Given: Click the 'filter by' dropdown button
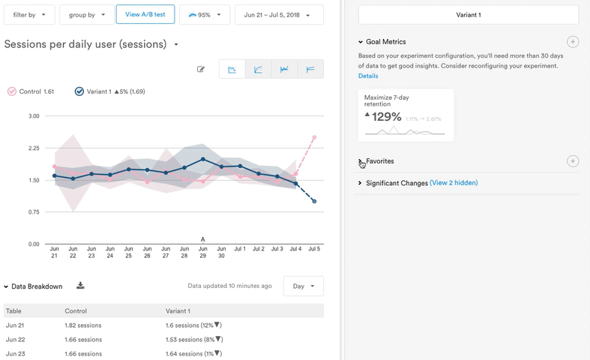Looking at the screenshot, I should (x=29, y=14).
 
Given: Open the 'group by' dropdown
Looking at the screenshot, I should (x=87, y=14).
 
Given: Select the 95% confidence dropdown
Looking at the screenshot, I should (x=204, y=14).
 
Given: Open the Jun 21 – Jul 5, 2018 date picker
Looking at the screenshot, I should (x=279, y=14).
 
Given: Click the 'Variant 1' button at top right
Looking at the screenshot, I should (x=468, y=14).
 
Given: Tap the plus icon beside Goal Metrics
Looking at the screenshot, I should (x=572, y=42).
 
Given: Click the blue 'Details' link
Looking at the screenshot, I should (x=368, y=76).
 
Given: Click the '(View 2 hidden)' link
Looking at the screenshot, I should (x=454, y=183).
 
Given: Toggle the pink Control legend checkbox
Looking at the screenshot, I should (x=12, y=91).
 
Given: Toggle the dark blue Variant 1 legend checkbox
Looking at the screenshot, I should (x=79, y=91).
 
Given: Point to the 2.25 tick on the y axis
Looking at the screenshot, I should (x=34, y=148).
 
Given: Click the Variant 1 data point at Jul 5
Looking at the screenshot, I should (x=314, y=201).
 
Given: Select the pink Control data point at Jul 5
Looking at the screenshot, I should (x=314, y=137).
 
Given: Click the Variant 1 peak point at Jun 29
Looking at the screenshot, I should (x=203, y=160).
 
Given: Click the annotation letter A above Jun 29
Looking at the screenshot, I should (x=203, y=240).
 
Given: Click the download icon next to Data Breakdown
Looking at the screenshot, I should (x=80, y=286).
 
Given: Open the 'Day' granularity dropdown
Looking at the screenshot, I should (x=303, y=286).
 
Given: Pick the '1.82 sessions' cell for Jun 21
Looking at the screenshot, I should (x=83, y=325).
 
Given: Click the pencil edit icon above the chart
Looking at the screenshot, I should (x=201, y=70).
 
